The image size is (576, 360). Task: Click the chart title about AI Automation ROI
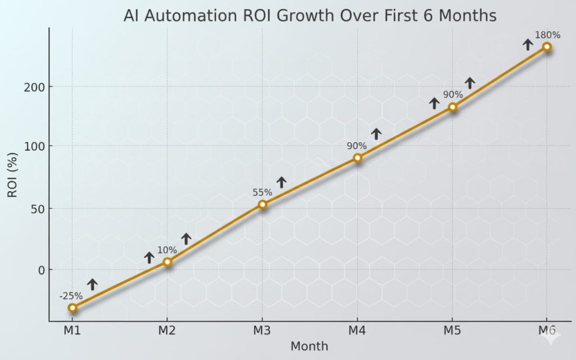click(x=310, y=16)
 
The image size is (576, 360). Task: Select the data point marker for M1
click(x=72, y=308)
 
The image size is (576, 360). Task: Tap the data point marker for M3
click(x=262, y=204)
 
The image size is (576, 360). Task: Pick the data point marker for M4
click(x=357, y=158)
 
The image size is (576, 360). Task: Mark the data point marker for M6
click(x=547, y=47)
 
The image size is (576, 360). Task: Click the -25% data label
click(x=71, y=296)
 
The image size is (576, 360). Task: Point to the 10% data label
click(x=167, y=250)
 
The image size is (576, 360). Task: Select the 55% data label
click(x=262, y=192)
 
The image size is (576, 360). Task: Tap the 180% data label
click(x=547, y=35)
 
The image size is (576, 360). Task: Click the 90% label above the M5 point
click(x=452, y=94)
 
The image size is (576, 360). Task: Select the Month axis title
click(x=309, y=346)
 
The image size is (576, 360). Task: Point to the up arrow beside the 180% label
click(x=528, y=44)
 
